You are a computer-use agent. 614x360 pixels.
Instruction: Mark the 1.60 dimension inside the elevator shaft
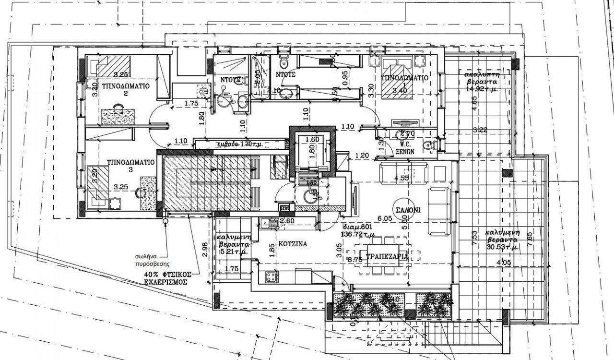point(312,140)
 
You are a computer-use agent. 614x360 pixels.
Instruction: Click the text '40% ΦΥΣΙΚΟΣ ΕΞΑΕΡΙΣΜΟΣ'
point(166,278)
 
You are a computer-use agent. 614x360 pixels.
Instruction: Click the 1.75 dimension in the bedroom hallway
point(191,102)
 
